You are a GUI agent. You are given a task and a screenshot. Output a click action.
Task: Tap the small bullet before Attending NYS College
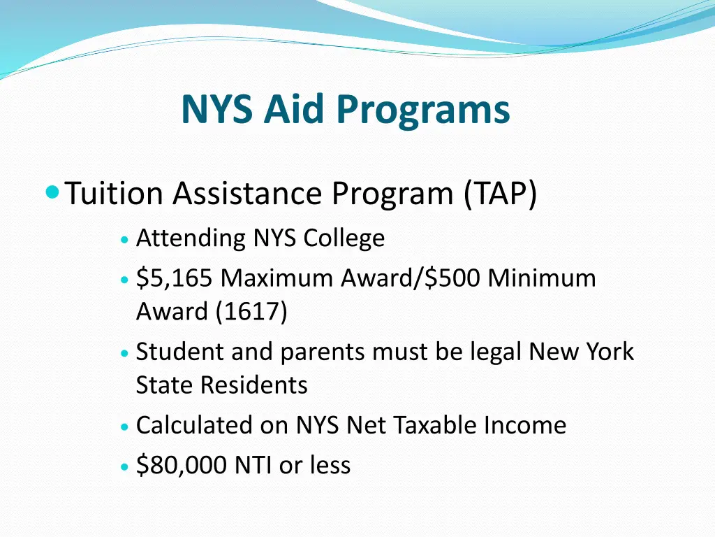124,239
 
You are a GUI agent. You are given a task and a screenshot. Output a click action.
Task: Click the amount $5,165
175,278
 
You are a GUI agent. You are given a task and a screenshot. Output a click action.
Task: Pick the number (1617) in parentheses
251,312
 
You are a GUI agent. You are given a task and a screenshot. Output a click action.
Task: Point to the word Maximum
277,278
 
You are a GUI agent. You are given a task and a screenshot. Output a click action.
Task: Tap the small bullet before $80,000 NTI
124,466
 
